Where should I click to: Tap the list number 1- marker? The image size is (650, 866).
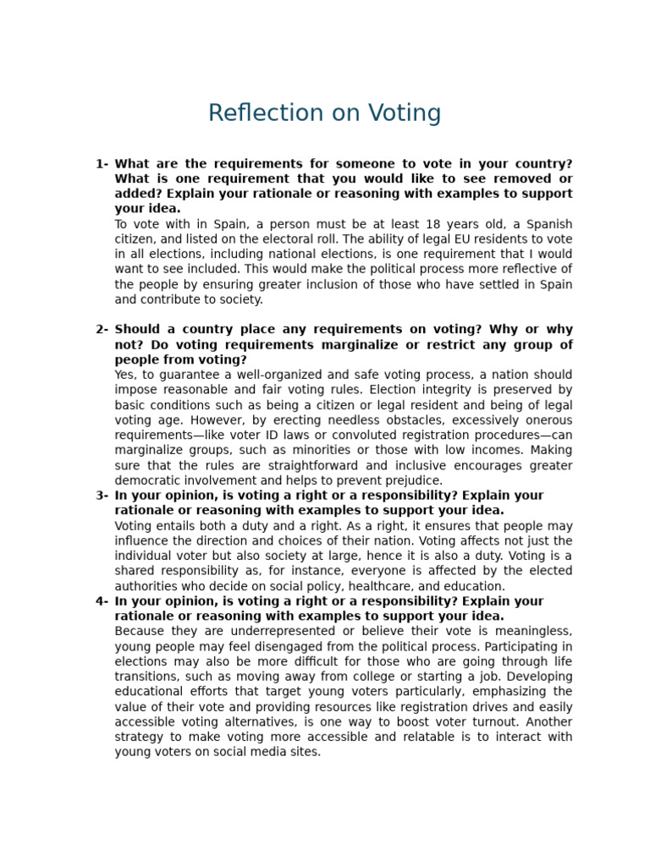pyautogui.click(x=102, y=164)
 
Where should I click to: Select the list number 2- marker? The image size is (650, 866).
pyautogui.click(x=102, y=330)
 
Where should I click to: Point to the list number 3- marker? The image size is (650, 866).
pyautogui.click(x=102, y=496)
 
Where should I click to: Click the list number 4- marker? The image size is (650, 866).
pyautogui.click(x=102, y=601)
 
